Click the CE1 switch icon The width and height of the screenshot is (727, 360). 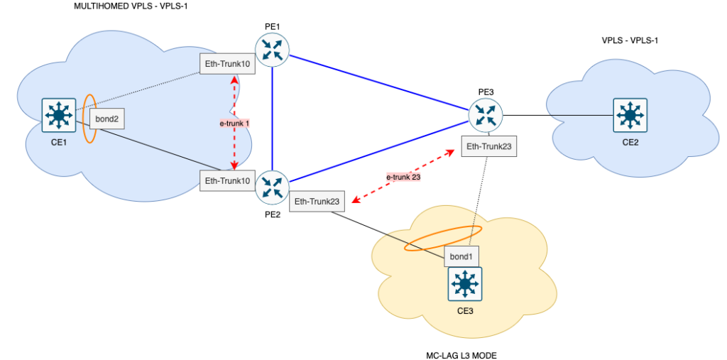[x=58, y=115]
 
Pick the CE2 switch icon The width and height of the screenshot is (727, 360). [x=629, y=115]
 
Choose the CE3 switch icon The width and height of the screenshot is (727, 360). [x=465, y=283]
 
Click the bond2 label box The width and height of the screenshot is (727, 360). [x=106, y=119]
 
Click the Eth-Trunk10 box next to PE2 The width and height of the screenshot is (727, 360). [x=226, y=180]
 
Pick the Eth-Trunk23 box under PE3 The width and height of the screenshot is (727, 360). [x=488, y=147]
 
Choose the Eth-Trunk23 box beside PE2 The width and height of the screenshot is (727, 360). [x=317, y=202]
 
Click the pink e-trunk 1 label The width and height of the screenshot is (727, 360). [x=234, y=123]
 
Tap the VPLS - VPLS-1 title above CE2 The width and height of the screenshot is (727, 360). [x=630, y=40]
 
